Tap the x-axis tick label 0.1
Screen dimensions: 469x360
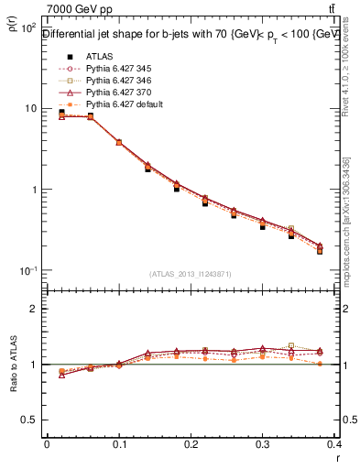coord(118,444)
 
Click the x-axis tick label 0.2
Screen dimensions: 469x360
coord(191,444)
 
